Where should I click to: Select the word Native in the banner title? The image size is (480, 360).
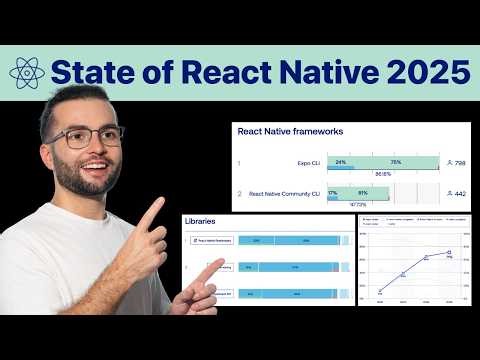(313, 72)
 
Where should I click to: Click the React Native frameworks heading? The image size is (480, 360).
(290, 130)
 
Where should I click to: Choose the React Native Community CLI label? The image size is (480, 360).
(284, 193)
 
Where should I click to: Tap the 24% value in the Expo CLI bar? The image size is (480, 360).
(341, 161)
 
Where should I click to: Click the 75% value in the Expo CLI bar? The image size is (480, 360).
(395, 161)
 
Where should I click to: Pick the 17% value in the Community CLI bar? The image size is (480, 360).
(332, 193)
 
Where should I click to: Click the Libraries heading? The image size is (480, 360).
(201, 220)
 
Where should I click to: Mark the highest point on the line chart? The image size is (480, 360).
(449, 252)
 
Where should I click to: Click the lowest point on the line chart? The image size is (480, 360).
(380, 291)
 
